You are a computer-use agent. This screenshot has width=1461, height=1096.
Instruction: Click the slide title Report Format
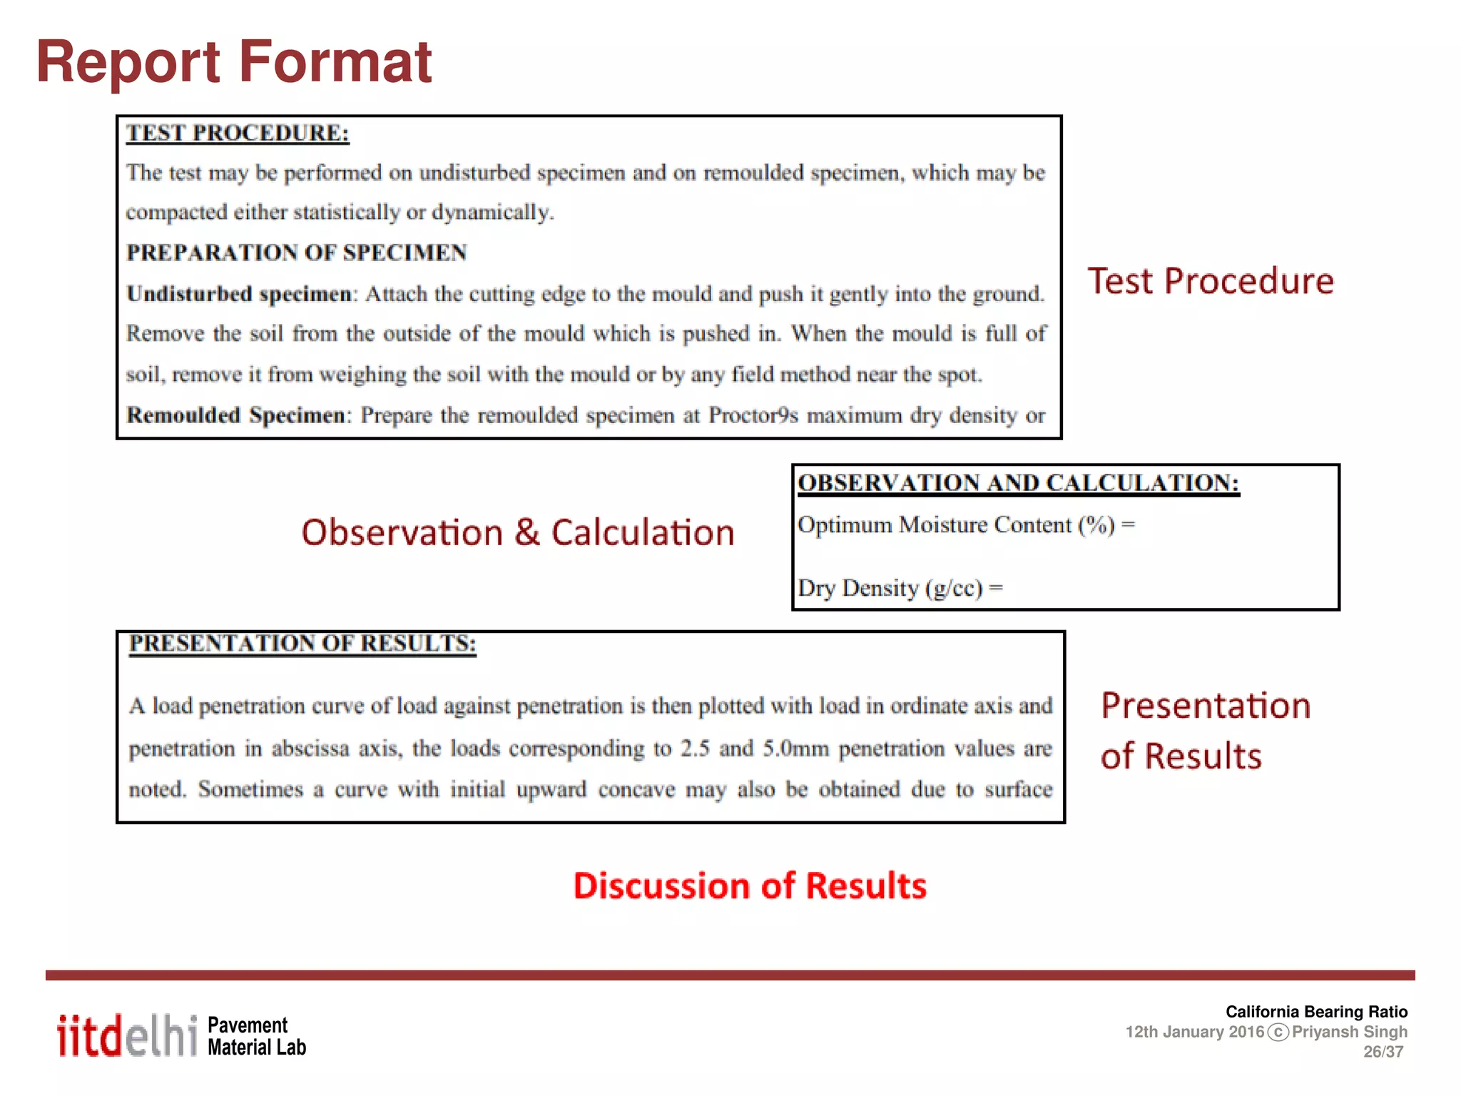(x=234, y=63)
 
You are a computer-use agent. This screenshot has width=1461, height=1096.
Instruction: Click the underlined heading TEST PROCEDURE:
(x=238, y=133)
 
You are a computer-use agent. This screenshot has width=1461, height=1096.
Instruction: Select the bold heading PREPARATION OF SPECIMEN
(x=296, y=253)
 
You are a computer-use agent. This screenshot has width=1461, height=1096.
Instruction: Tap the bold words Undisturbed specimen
(x=238, y=294)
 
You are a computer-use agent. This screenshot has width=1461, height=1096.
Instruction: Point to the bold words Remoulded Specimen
(x=235, y=415)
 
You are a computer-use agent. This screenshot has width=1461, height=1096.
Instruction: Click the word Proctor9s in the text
(x=753, y=415)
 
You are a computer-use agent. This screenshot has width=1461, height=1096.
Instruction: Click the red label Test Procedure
(x=1210, y=281)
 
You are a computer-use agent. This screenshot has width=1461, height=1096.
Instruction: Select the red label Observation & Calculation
(x=517, y=533)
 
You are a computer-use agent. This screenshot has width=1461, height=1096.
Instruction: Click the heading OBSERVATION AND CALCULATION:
(x=1018, y=483)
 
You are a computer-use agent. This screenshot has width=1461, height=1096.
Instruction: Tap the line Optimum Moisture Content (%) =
(x=965, y=525)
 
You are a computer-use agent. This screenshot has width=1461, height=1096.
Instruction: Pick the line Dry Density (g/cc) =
(x=900, y=588)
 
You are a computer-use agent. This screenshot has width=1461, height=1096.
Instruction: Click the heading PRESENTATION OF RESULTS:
(x=302, y=643)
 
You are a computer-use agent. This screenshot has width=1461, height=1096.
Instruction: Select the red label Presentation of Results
(x=1204, y=731)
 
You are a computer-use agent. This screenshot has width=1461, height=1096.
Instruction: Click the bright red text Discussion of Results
(x=749, y=886)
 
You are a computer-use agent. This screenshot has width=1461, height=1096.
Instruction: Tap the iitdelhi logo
(x=127, y=1035)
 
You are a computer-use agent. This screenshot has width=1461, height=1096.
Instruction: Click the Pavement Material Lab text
(x=256, y=1036)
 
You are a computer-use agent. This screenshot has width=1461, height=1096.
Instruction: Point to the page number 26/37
(x=1383, y=1052)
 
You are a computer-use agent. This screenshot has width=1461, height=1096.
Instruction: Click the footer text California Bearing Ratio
(x=1316, y=1012)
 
